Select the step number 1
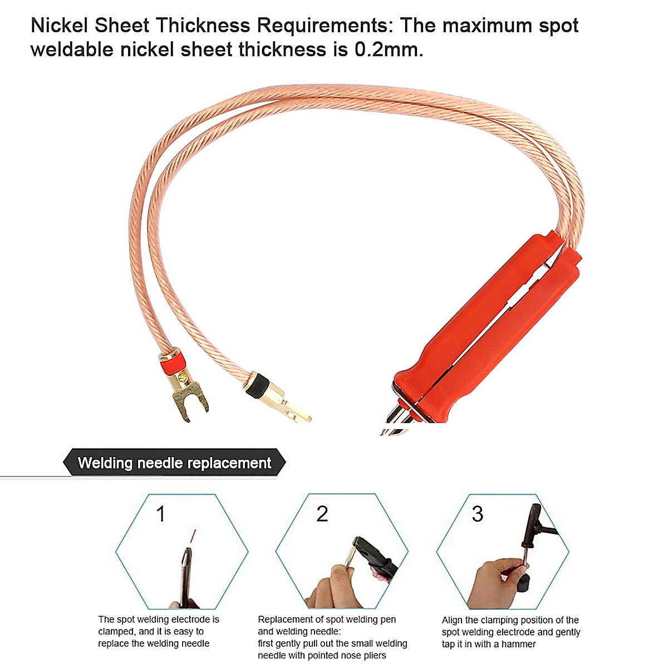(161, 514)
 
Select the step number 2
(322, 514)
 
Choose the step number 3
(477, 514)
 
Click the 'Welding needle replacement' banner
(174, 463)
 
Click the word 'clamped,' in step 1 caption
(116, 632)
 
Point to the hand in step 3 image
(493, 582)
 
